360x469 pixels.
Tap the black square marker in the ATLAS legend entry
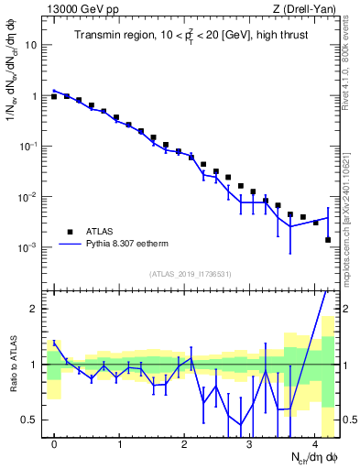point(70,231)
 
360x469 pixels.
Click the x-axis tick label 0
point(55,443)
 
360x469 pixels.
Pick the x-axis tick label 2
point(185,443)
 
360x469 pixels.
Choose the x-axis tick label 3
point(250,443)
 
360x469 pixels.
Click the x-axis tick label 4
point(315,443)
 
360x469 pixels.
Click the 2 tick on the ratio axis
point(35,309)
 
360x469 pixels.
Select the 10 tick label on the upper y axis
point(30,44)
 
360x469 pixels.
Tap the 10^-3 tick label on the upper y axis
point(27,247)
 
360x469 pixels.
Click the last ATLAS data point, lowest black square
point(328,240)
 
